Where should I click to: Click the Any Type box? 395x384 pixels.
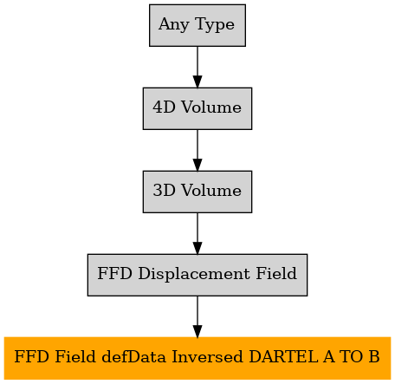[x=197, y=25]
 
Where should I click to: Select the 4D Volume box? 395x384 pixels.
[x=197, y=108]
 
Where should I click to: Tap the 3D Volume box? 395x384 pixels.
[x=197, y=192]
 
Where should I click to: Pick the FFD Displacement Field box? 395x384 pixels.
[x=197, y=275]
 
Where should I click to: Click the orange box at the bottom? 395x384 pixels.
[x=197, y=358]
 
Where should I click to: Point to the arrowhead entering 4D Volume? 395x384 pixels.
[x=197, y=81]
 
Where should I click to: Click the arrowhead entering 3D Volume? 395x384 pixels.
[x=197, y=165]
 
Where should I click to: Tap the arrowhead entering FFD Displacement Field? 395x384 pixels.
[x=197, y=248]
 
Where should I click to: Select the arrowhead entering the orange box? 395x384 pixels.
[x=197, y=331]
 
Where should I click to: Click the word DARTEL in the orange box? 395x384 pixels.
[x=283, y=357]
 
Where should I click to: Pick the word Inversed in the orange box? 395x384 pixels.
[x=207, y=357]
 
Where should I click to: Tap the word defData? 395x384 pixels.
[x=134, y=357]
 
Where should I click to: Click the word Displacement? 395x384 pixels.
[x=194, y=273]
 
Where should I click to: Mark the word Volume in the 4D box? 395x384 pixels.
[x=211, y=107]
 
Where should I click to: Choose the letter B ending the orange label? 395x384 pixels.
[x=374, y=357]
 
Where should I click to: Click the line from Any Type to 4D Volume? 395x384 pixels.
[x=197, y=62]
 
